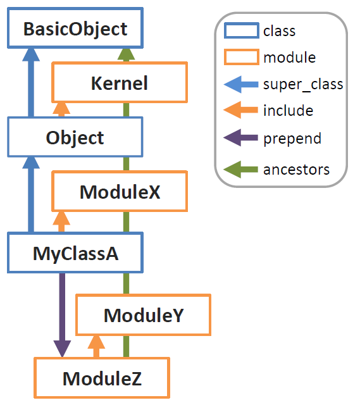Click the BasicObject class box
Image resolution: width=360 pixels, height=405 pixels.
[x=75, y=28]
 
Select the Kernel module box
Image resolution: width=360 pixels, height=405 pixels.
[x=120, y=82]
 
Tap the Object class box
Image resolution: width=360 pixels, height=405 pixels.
[x=75, y=137]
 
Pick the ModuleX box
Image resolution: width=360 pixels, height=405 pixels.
[x=120, y=191]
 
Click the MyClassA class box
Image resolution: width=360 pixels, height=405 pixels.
[x=75, y=252]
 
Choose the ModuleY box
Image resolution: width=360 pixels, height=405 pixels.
[x=144, y=315]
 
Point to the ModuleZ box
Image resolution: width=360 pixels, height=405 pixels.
[x=102, y=378]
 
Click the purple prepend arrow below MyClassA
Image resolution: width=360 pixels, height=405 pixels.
[x=62, y=315]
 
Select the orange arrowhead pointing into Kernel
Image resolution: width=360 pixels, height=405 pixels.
[x=61, y=108]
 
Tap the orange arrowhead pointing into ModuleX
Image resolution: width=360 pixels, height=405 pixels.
[x=61, y=218]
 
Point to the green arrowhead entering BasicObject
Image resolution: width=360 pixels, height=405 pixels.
[x=126, y=55]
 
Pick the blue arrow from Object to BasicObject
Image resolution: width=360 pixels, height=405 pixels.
[x=31, y=82]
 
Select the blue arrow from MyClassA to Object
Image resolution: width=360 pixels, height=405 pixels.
[x=31, y=194]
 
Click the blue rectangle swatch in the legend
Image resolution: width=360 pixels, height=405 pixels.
[x=242, y=30]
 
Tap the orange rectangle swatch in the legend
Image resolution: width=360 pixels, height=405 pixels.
[x=242, y=57]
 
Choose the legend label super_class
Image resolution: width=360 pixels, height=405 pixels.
[x=303, y=84]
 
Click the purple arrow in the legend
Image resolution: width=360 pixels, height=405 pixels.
[x=240, y=138]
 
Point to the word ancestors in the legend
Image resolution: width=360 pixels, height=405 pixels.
[x=296, y=170]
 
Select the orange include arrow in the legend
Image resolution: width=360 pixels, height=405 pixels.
[x=240, y=110]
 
